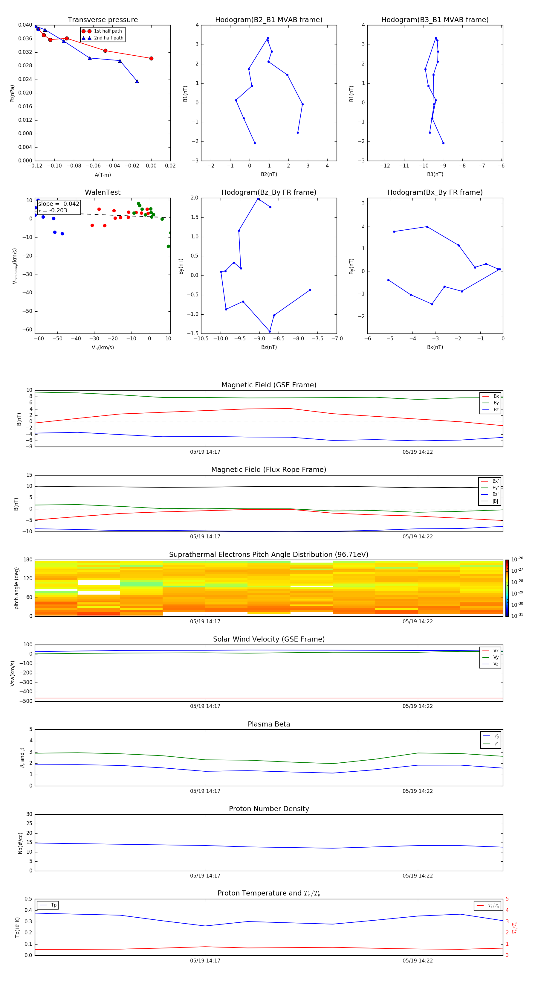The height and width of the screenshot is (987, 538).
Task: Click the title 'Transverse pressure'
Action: coord(103,20)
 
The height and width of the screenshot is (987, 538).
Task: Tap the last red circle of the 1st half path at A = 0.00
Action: coord(151,59)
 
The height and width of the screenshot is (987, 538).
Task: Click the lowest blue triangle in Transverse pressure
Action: coord(137,81)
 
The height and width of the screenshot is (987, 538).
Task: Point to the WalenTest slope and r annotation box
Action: coord(59,207)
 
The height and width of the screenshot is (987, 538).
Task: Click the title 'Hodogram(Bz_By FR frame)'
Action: coord(269,192)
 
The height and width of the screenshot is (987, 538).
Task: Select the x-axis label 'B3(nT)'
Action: coord(435,174)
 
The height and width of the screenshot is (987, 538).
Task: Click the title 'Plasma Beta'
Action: coord(269,724)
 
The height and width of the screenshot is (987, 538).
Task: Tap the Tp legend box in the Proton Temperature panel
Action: coord(48,905)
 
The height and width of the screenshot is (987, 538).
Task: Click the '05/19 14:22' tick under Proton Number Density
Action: coord(417,875)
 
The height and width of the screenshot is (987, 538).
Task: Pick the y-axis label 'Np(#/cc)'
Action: coord(20,843)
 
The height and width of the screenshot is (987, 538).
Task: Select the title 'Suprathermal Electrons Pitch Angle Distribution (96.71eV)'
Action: coord(269,555)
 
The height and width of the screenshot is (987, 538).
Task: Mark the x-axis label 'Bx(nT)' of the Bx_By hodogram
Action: coord(435,347)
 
